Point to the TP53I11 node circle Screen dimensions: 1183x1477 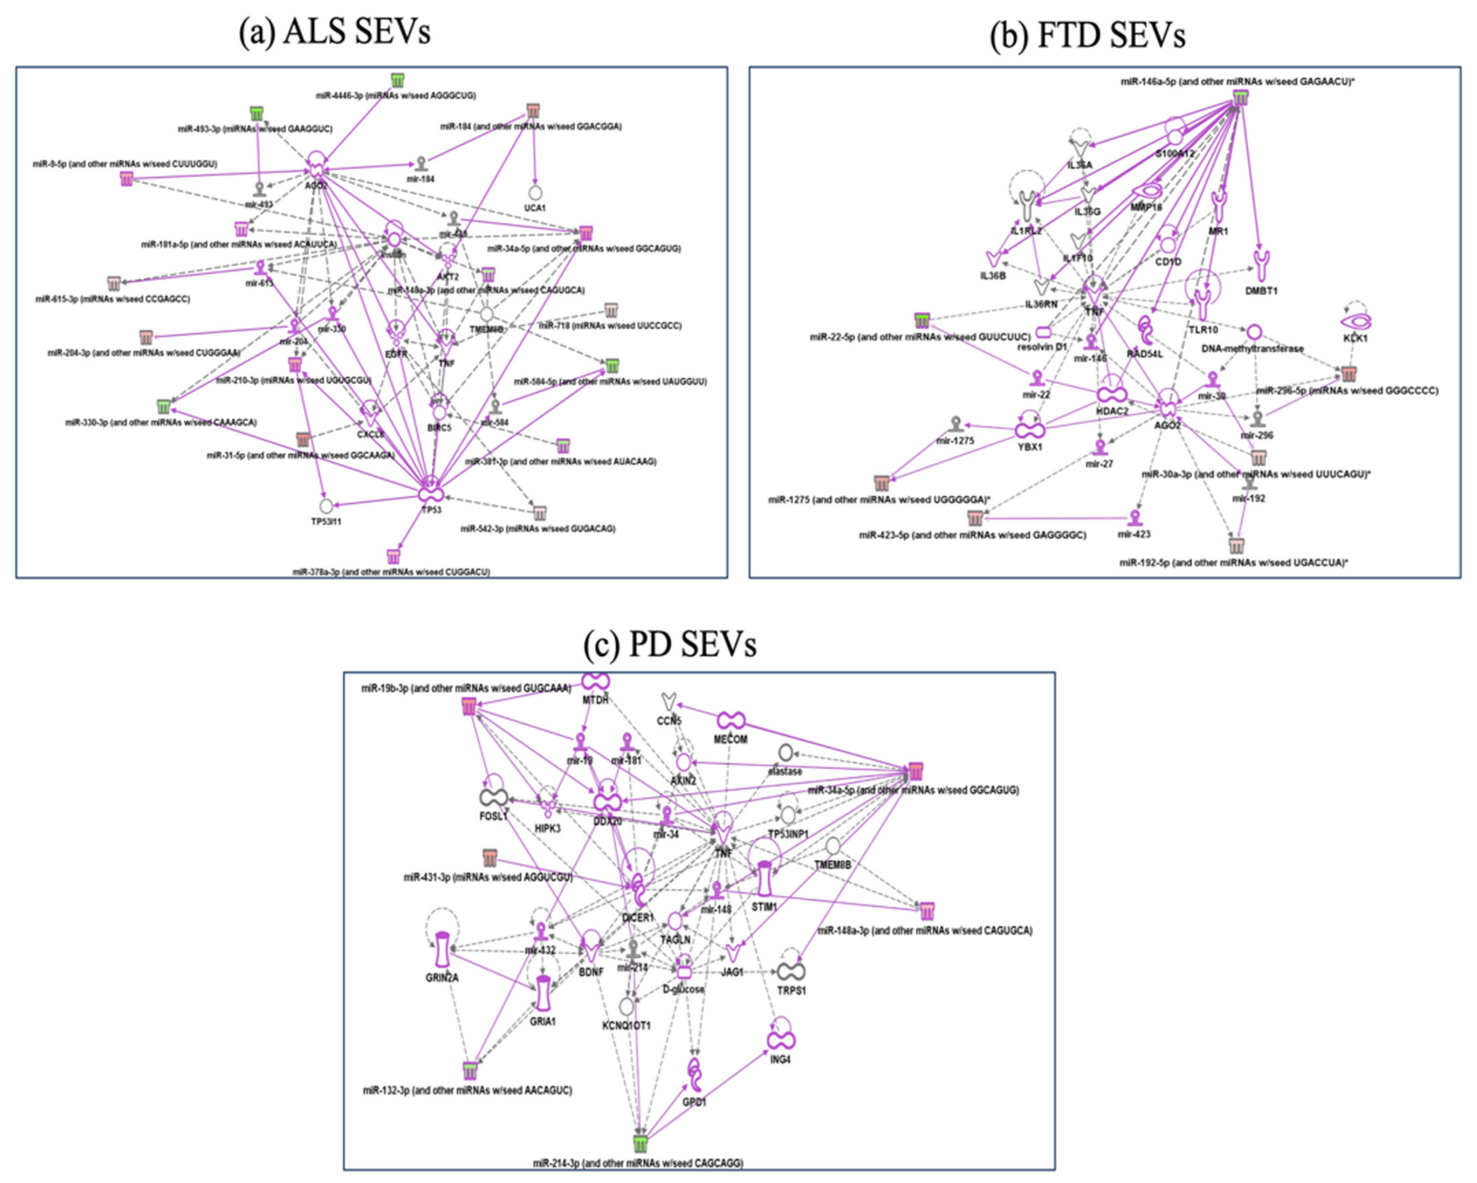[326, 506]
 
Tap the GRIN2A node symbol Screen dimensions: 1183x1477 [442, 949]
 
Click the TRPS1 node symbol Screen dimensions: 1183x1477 [791, 971]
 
